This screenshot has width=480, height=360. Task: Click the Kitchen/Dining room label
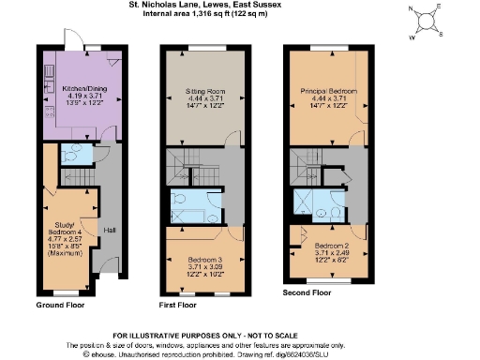(79, 91)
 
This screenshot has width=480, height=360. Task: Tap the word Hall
(109, 231)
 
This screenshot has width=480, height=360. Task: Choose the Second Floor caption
(307, 292)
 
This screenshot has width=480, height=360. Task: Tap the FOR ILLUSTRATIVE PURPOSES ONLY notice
(240, 335)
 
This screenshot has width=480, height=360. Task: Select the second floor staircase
(310, 161)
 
